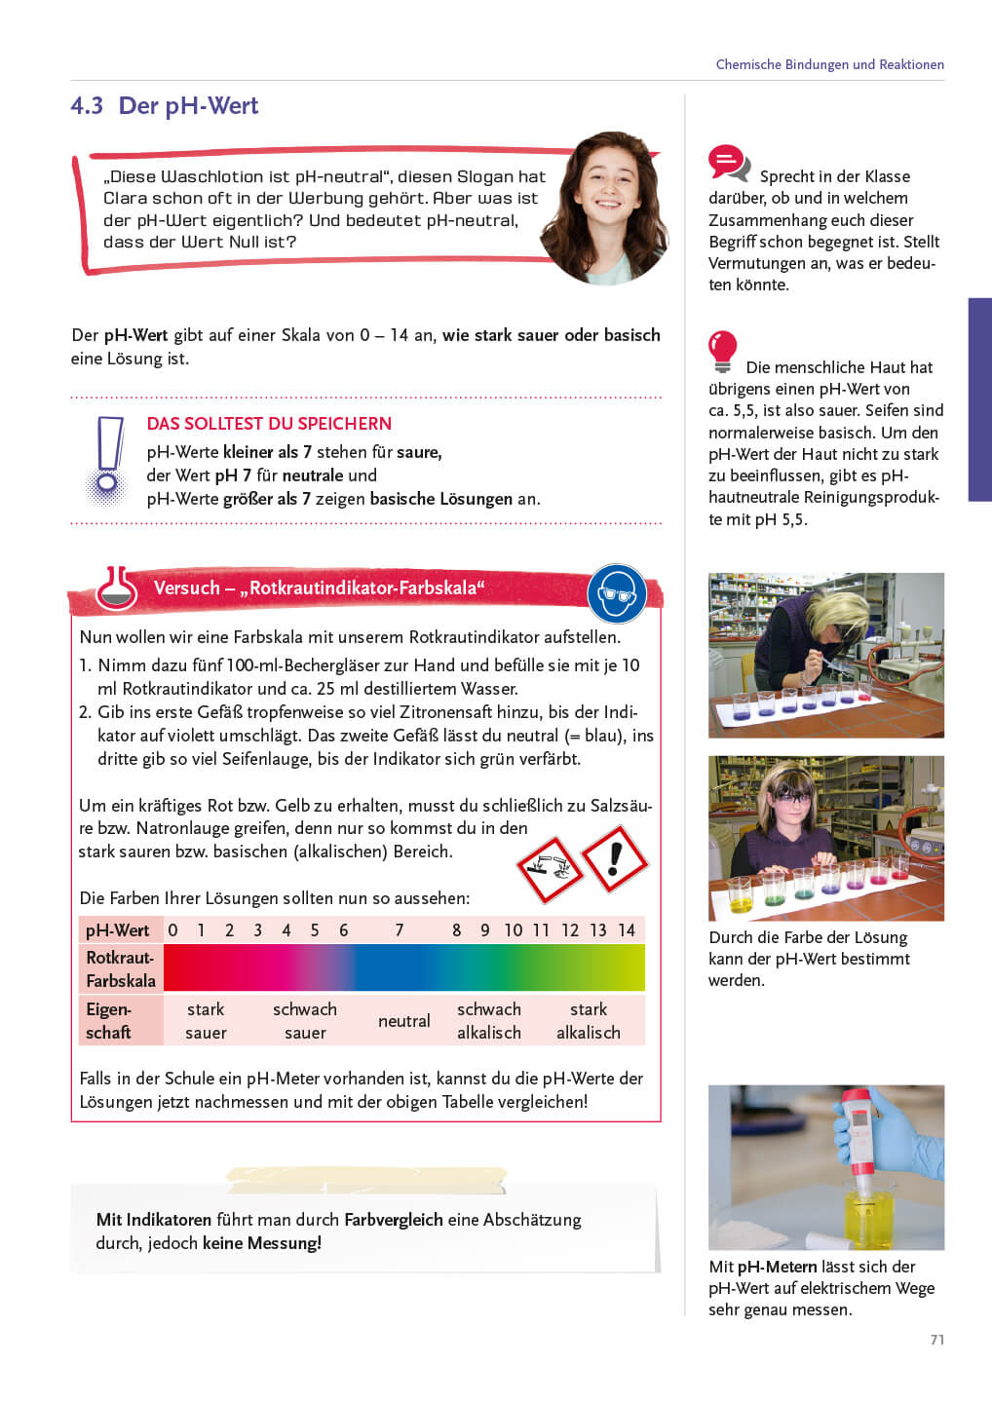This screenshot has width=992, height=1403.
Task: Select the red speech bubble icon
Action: pyautogui.click(x=727, y=162)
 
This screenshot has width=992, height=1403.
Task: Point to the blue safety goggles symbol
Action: pyautogui.click(x=616, y=593)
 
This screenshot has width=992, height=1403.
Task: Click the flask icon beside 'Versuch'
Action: pyautogui.click(x=117, y=588)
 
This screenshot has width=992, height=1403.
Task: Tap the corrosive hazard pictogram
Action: pyautogui.click(x=549, y=868)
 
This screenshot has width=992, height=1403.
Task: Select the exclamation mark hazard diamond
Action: pyautogui.click(x=614, y=858)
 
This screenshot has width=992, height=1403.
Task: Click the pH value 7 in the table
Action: pyautogui.click(x=400, y=930)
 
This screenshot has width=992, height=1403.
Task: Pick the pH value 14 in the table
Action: pyautogui.click(x=627, y=930)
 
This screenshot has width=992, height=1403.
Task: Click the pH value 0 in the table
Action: pyautogui.click(x=172, y=930)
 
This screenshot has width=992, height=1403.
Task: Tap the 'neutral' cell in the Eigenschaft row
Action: pyautogui.click(x=403, y=1021)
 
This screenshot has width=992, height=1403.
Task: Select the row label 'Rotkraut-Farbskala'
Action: pyautogui.click(x=121, y=969)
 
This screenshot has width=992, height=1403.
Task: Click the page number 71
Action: pyautogui.click(x=936, y=1340)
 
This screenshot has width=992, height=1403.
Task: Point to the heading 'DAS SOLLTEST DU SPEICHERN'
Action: pyautogui.click(x=269, y=424)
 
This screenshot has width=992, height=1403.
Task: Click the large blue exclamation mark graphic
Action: pyautogui.click(x=109, y=459)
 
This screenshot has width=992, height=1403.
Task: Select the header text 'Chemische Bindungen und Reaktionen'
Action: pyautogui.click(x=829, y=64)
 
